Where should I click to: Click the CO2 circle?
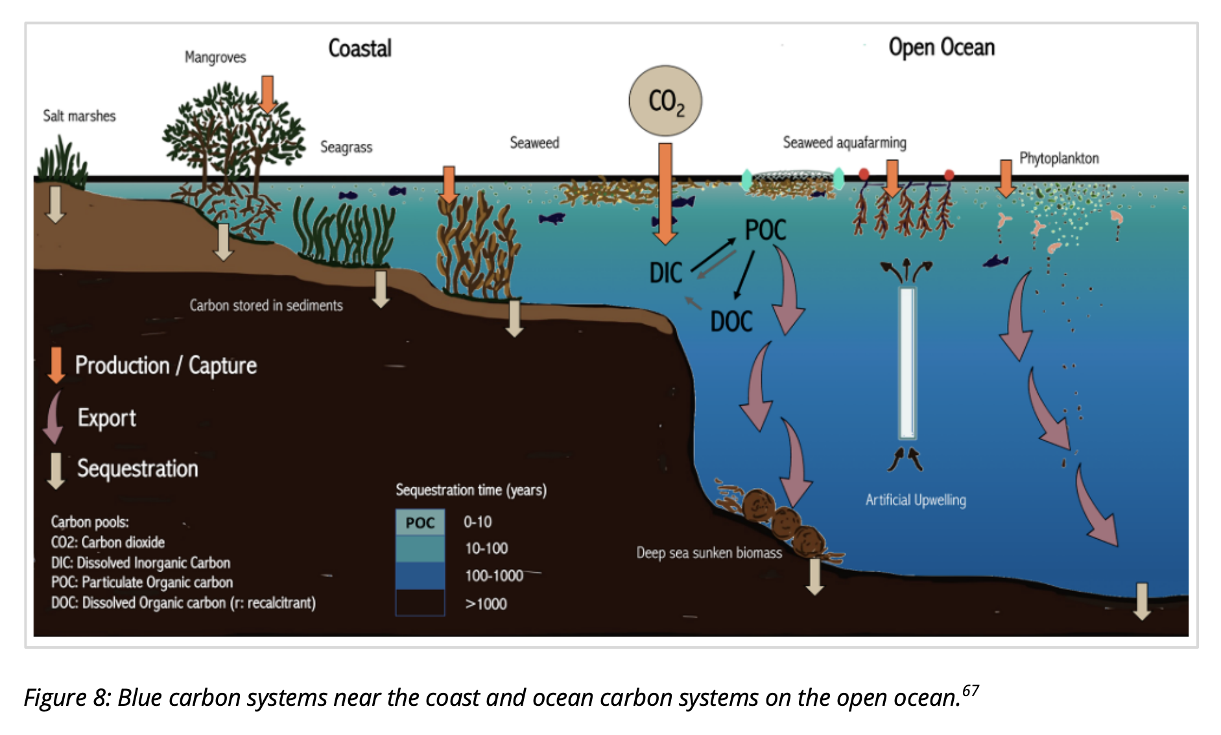click(665, 101)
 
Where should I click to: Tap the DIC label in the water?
click(666, 273)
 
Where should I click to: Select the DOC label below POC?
click(731, 321)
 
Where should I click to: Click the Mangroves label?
click(215, 58)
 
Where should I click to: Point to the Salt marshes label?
click(79, 116)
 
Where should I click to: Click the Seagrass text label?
click(346, 147)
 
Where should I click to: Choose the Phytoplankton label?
click(1059, 159)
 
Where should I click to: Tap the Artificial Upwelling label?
click(916, 500)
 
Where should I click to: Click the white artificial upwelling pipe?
click(907, 363)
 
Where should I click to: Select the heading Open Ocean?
click(942, 47)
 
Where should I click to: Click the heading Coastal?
click(360, 49)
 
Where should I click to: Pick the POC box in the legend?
click(420, 522)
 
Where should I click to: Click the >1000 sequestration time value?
click(486, 604)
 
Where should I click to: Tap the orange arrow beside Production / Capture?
click(56, 364)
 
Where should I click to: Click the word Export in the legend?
click(107, 418)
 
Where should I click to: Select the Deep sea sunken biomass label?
click(709, 553)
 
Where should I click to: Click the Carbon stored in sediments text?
click(266, 305)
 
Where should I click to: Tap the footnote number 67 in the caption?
click(971, 690)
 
